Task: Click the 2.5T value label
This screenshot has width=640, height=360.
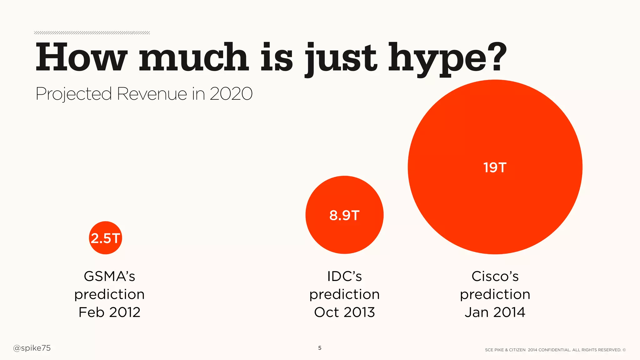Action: pyautogui.click(x=105, y=238)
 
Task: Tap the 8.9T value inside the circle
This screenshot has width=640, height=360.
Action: pyautogui.click(x=344, y=215)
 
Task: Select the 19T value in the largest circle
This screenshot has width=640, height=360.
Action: pyautogui.click(x=495, y=167)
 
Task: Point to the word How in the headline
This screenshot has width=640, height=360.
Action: pyautogui.click(x=82, y=58)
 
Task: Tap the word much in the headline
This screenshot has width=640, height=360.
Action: pyautogui.click(x=194, y=58)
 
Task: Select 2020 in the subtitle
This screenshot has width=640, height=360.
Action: pyautogui.click(x=231, y=93)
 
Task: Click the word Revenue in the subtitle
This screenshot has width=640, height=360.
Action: pyautogui.click(x=152, y=93)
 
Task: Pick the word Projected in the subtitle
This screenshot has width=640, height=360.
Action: pyautogui.click(x=74, y=94)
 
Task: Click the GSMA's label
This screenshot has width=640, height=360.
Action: pyautogui.click(x=109, y=276)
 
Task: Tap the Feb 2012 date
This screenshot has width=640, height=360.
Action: pyautogui.click(x=109, y=312)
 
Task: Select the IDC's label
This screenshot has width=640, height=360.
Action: pyautogui.click(x=344, y=276)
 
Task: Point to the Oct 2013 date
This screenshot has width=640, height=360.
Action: pyautogui.click(x=344, y=312)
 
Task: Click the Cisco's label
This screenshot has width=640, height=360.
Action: pyautogui.click(x=495, y=276)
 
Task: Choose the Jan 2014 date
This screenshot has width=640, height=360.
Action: pyautogui.click(x=495, y=312)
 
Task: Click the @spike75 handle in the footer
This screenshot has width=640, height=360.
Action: pyautogui.click(x=32, y=348)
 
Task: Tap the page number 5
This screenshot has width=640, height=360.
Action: pyautogui.click(x=320, y=348)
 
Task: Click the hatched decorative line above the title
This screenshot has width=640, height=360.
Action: pyautogui.click(x=92, y=33)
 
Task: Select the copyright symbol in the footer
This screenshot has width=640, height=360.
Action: pyautogui.click(x=624, y=350)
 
